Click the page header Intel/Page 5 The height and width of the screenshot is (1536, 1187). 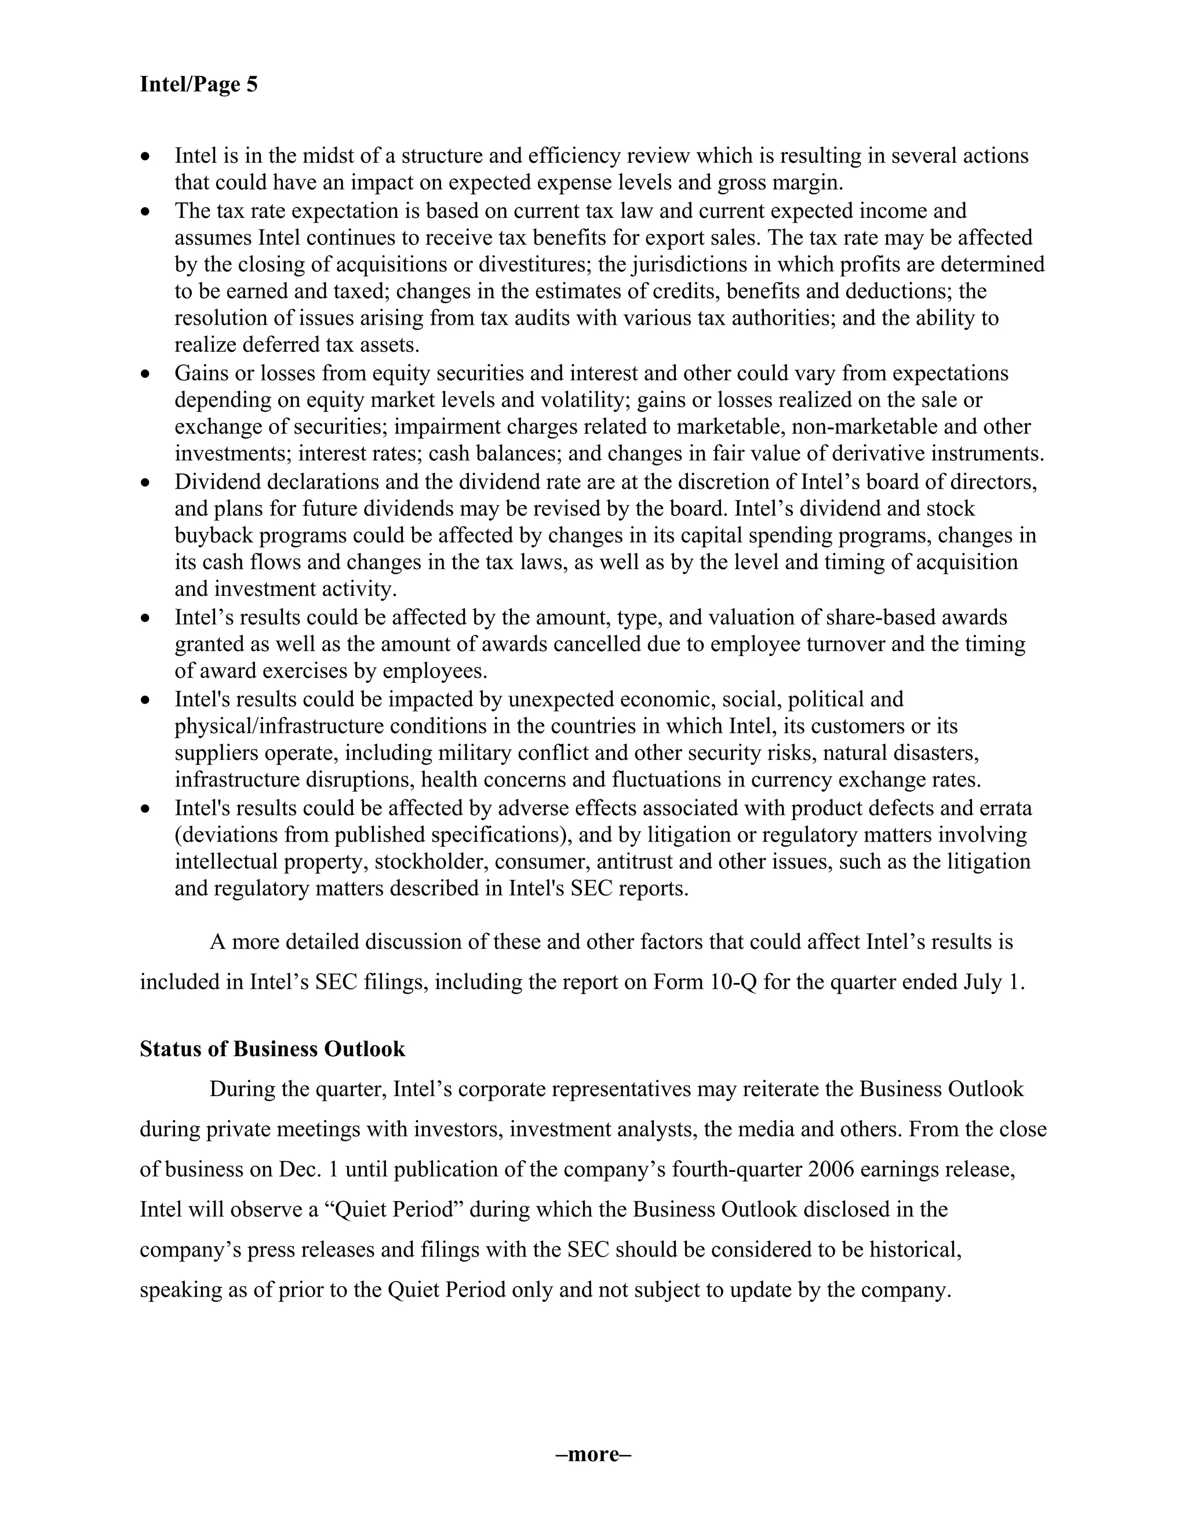pos(198,85)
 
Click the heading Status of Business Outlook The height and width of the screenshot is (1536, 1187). pos(272,1049)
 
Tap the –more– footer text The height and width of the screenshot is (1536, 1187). pos(593,1454)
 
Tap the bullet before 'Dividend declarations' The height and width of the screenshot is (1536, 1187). pos(145,484)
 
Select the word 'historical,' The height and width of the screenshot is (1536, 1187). pos(915,1250)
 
